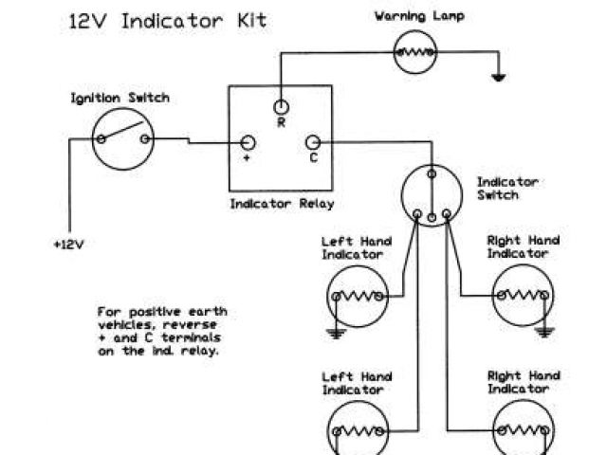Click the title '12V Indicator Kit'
point(166,21)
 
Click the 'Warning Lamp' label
point(414,16)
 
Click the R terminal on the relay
point(281,106)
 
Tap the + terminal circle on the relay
point(248,142)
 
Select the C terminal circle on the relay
point(313,142)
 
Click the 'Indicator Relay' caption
point(282,203)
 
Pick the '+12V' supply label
point(68,244)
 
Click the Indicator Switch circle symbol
point(432,195)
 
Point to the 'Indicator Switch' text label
point(506,188)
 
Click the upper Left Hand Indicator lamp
point(358,296)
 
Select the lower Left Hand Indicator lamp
point(358,431)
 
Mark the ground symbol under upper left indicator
point(334,332)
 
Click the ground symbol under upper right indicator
point(543,332)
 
